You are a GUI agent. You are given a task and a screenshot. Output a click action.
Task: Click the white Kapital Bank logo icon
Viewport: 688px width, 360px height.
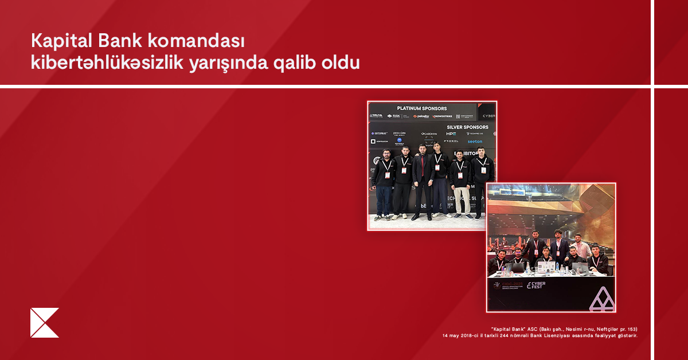[44, 323]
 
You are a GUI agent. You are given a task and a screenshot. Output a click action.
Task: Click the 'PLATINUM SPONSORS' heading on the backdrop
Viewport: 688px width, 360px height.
[421, 108]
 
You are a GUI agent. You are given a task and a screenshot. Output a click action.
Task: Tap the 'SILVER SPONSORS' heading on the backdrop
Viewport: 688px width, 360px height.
[467, 127]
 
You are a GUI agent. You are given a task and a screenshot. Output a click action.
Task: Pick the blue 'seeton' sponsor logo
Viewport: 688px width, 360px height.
[475, 141]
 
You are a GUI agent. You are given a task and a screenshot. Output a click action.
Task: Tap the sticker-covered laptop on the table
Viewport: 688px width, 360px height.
[545, 267]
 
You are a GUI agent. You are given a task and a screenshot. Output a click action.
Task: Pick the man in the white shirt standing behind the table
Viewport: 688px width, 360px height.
[580, 248]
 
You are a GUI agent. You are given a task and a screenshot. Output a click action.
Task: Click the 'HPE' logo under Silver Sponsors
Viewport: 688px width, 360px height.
[451, 134]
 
